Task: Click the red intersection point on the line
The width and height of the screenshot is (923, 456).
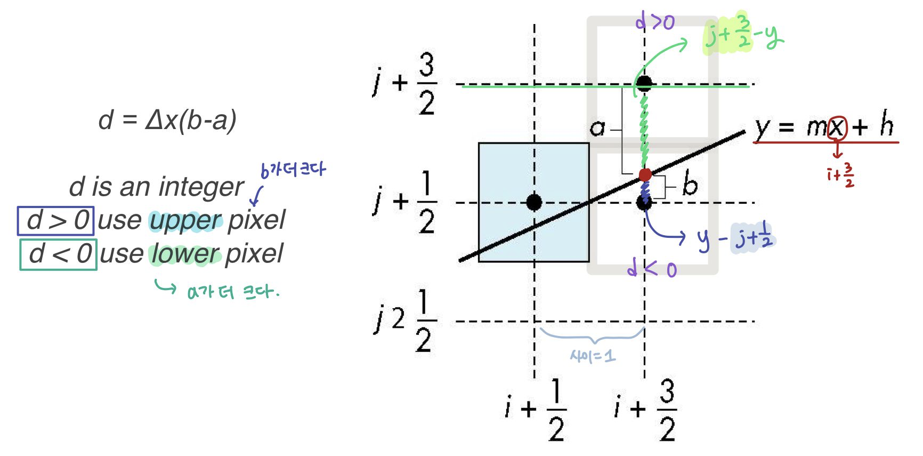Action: coord(645,174)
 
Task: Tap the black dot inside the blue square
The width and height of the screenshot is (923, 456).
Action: coord(534,202)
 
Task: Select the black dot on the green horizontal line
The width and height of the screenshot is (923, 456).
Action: coord(644,83)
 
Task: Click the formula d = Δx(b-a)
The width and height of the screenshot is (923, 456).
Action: coord(167,120)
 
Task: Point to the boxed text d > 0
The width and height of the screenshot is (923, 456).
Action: coord(56,221)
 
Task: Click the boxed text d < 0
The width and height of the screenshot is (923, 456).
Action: coord(59,254)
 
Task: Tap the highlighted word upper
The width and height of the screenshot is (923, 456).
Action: coord(185,221)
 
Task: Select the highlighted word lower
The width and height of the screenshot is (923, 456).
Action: coord(185,254)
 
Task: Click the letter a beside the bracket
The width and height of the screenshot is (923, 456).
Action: coord(598,128)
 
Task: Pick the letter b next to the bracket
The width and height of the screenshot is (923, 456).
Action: coord(690,185)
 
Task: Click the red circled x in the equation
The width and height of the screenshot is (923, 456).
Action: coord(837,128)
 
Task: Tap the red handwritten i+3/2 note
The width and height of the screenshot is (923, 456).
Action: coord(841,175)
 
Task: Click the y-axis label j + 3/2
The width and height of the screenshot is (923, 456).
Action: coord(405,84)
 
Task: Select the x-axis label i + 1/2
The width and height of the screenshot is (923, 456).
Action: coord(536,410)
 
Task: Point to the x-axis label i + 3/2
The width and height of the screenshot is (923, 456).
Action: coord(646,410)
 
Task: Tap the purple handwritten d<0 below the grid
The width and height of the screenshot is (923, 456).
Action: coord(652,268)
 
